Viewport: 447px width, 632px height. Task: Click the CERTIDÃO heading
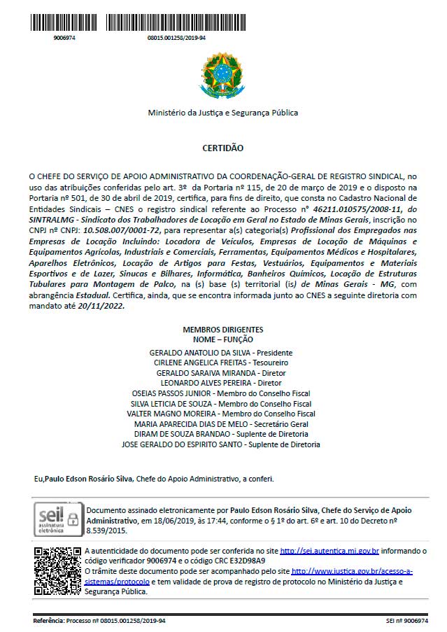click(222, 148)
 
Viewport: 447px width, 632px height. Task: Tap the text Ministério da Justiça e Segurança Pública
click(222, 113)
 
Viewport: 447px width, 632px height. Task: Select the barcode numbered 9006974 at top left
click(64, 22)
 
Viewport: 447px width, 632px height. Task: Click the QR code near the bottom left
click(57, 569)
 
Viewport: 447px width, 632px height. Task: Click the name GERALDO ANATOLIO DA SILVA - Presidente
click(221, 353)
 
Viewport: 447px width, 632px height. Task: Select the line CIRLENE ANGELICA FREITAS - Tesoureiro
click(221, 363)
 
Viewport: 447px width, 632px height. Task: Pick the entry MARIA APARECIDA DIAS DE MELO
click(221, 424)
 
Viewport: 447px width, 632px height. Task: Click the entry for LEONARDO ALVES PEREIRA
click(221, 383)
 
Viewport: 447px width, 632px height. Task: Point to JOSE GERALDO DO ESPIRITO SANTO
click(221, 444)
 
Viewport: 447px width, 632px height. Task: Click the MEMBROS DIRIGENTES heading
click(223, 329)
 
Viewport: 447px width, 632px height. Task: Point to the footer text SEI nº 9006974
click(406, 621)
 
